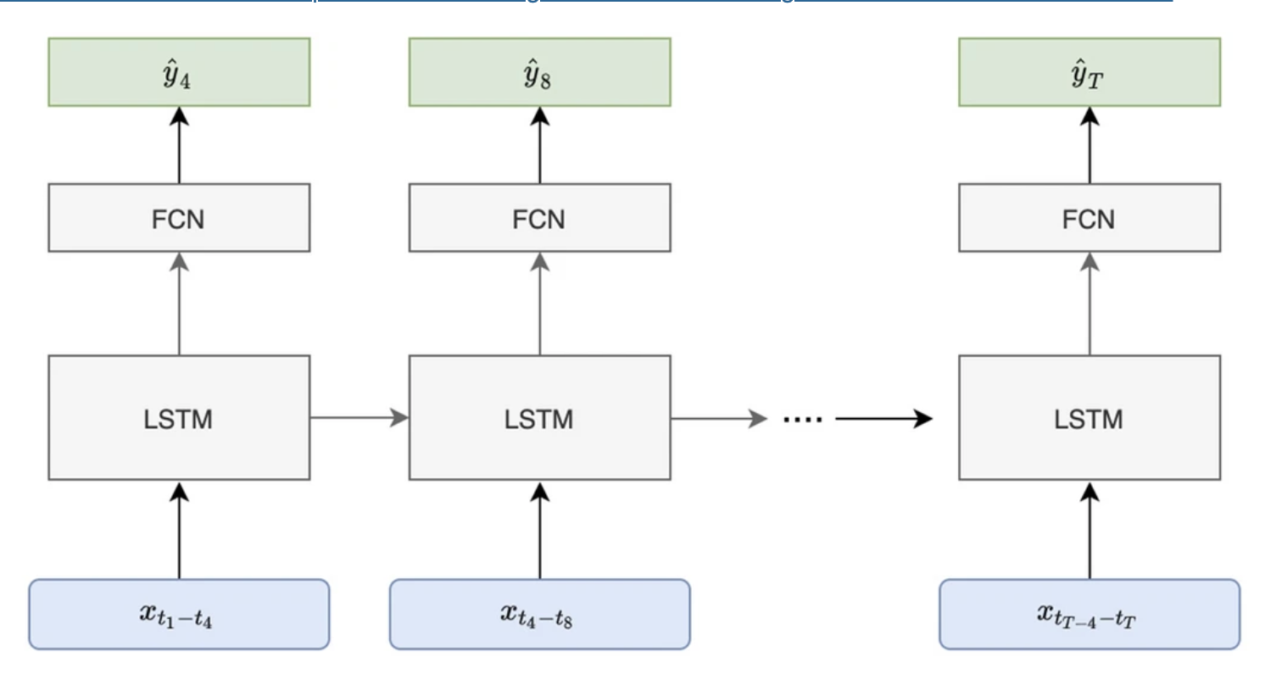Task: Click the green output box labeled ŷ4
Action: point(179,72)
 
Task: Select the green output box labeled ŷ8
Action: point(539,72)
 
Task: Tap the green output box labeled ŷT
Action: point(1089,72)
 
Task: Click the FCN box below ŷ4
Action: point(179,218)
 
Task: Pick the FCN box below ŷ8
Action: point(539,218)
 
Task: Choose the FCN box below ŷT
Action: point(1089,218)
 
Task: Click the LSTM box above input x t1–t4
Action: point(179,418)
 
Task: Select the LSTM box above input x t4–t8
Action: point(539,418)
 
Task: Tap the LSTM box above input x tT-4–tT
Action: point(1089,418)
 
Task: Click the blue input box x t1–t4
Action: point(179,614)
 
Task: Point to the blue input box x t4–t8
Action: point(539,614)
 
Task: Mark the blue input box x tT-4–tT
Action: point(1089,614)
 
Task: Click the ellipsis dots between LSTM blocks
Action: point(802,418)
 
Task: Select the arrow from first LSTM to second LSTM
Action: point(359,418)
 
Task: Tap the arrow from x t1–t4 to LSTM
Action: point(179,530)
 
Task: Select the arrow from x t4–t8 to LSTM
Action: point(539,530)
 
